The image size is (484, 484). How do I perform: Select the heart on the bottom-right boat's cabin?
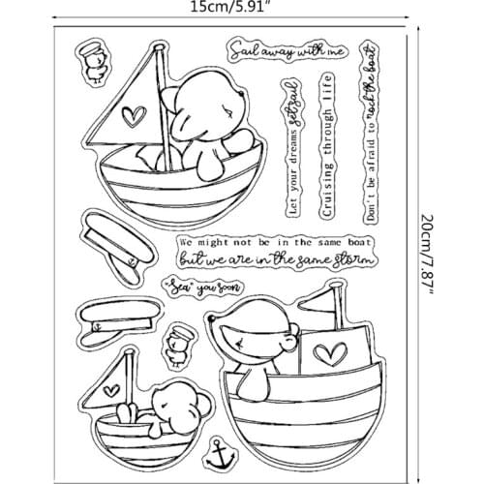tap(335, 346)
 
